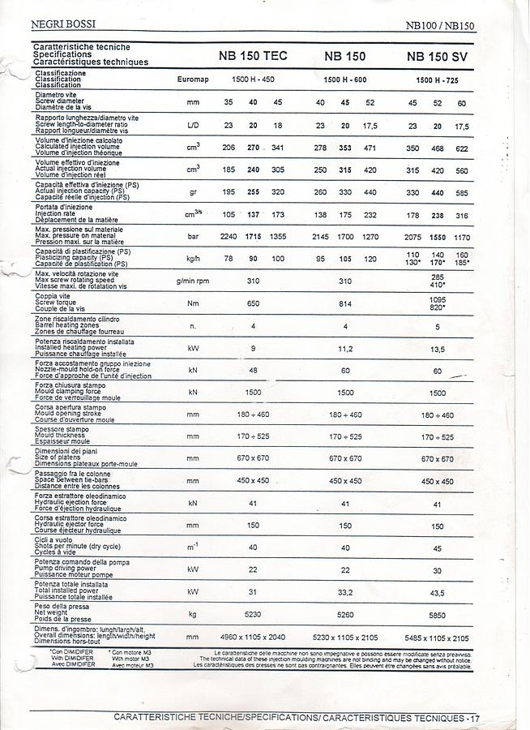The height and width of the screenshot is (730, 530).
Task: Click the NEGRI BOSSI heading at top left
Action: coord(62,24)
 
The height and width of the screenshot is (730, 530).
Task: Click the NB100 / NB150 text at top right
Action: coord(441,25)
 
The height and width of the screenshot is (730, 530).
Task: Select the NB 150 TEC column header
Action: coord(253,57)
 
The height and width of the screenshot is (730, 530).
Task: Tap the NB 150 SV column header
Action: coord(438,57)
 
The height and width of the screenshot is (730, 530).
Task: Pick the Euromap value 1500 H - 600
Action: coord(345,79)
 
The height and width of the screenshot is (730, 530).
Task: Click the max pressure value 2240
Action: coord(229,236)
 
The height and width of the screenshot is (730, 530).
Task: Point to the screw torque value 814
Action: coord(345,303)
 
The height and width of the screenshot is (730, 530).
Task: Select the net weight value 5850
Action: coord(438,614)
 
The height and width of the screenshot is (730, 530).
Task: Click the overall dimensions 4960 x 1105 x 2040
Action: coord(253,638)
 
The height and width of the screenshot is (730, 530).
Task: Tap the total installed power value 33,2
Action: coord(345,591)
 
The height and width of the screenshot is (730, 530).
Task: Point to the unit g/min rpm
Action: coord(193,281)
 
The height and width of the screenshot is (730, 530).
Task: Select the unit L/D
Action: coord(193,125)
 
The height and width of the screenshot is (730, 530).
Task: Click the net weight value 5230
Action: coord(253,614)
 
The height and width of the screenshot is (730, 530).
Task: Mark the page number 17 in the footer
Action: coord(475,719)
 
